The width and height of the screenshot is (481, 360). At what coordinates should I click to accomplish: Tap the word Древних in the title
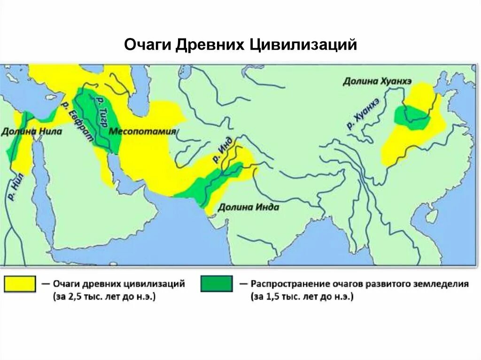[210, 45]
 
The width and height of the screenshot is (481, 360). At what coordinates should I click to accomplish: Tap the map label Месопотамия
[142, 131]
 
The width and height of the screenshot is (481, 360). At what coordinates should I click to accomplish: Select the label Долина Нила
[31, 131]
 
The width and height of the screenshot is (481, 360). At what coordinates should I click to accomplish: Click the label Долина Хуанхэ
[377, 81]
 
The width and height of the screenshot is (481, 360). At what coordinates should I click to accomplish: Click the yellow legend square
[20, 284]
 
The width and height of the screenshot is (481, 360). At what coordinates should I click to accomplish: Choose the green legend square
[216, 284]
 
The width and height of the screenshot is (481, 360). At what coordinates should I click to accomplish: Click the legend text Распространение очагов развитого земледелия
[359, 284]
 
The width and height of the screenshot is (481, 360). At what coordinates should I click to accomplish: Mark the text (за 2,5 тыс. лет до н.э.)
[104, 297]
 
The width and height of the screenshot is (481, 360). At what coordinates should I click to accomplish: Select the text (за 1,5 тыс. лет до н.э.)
[303, 297]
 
